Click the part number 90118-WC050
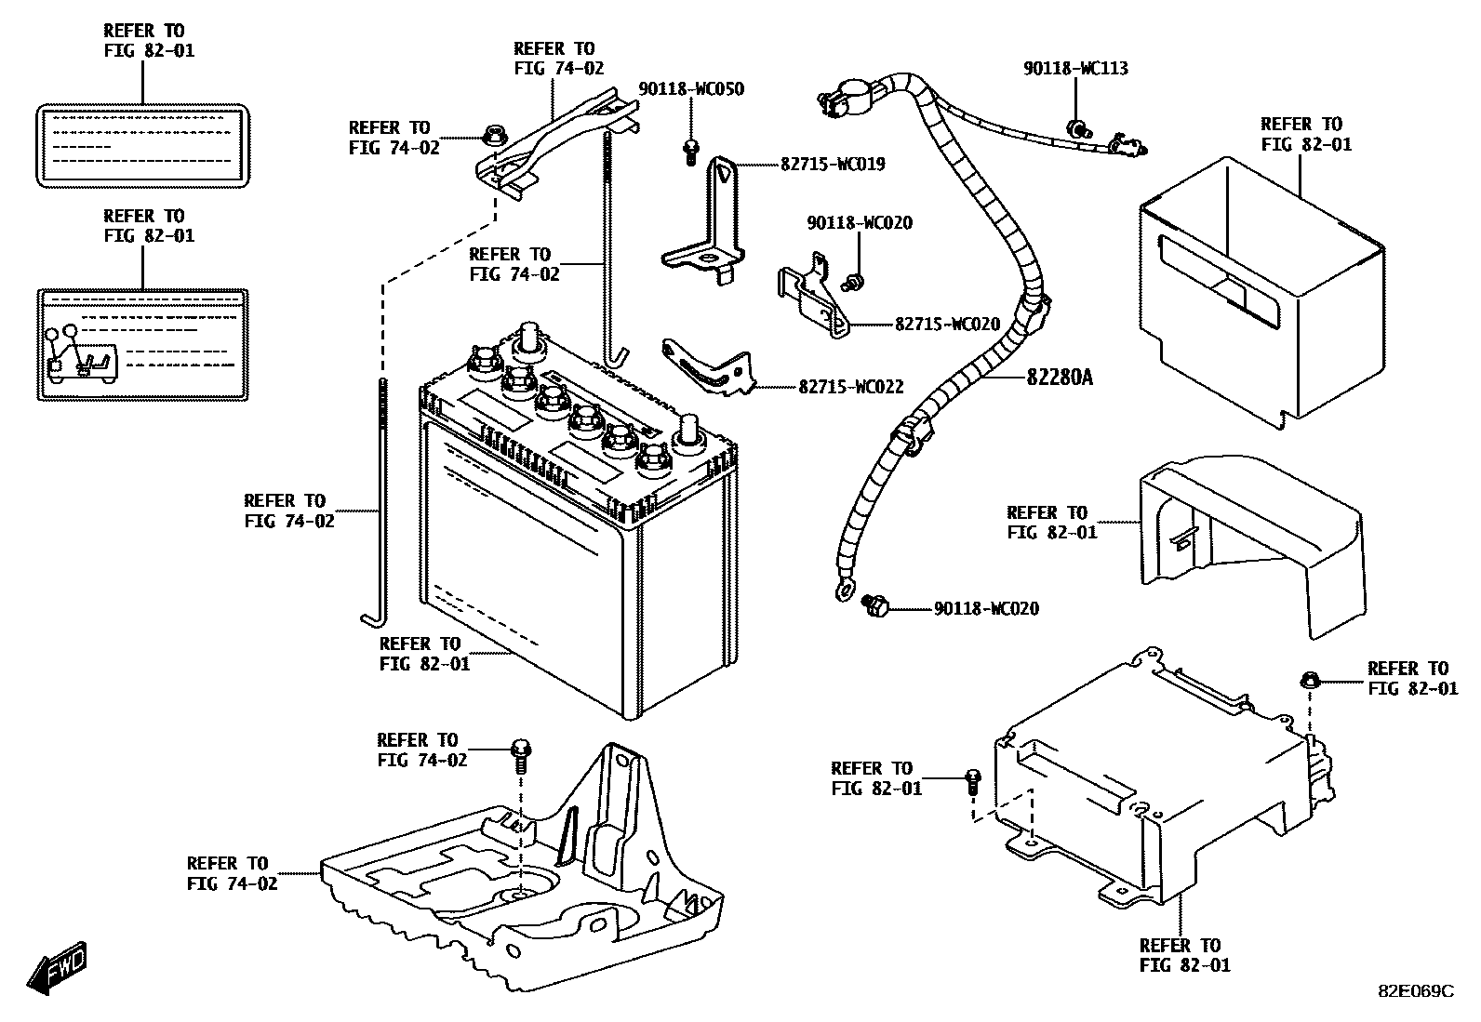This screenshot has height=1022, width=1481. coord(690,89)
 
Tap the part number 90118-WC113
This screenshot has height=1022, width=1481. coord(1075,68)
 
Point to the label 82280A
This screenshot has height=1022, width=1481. coord(1060,378)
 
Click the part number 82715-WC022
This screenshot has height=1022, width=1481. coord(850,387)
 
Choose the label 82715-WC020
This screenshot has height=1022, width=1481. coord(947,325)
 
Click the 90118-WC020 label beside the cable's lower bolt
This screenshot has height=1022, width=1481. coord(986,609)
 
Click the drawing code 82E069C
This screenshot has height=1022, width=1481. coord(1414,991)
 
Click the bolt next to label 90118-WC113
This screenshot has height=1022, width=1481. coord(1076,128)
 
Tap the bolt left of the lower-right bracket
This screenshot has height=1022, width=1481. coord(972,780)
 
